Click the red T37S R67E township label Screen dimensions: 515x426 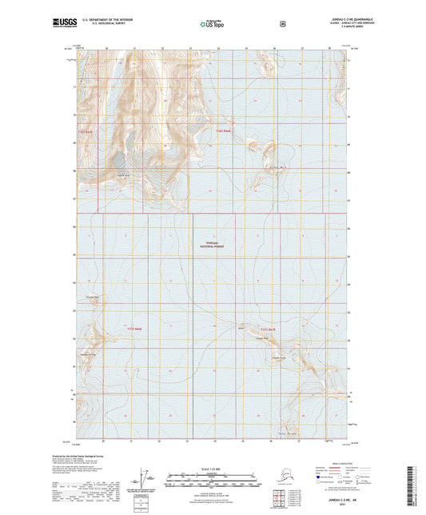coord(266,329)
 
